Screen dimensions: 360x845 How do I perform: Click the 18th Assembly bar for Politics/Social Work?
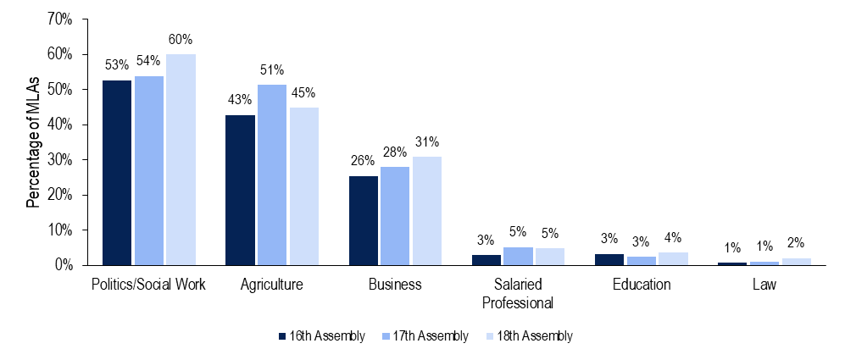point(181,160)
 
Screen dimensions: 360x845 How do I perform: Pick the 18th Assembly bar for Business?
point(427,211)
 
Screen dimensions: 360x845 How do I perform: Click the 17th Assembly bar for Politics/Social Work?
point(148,171)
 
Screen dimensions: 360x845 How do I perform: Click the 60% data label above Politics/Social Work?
point(181,40)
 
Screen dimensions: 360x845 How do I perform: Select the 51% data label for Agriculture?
point(272,70)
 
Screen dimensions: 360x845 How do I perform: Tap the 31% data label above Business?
point(427,142)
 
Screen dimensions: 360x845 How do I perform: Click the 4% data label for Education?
point(672,238)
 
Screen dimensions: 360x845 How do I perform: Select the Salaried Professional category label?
point(517,293)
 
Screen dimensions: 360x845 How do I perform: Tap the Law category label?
point(764,285)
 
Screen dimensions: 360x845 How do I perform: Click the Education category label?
point(641,285)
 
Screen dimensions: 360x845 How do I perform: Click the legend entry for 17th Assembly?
point(429,336)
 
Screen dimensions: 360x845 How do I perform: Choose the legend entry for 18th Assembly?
point(534,336)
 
